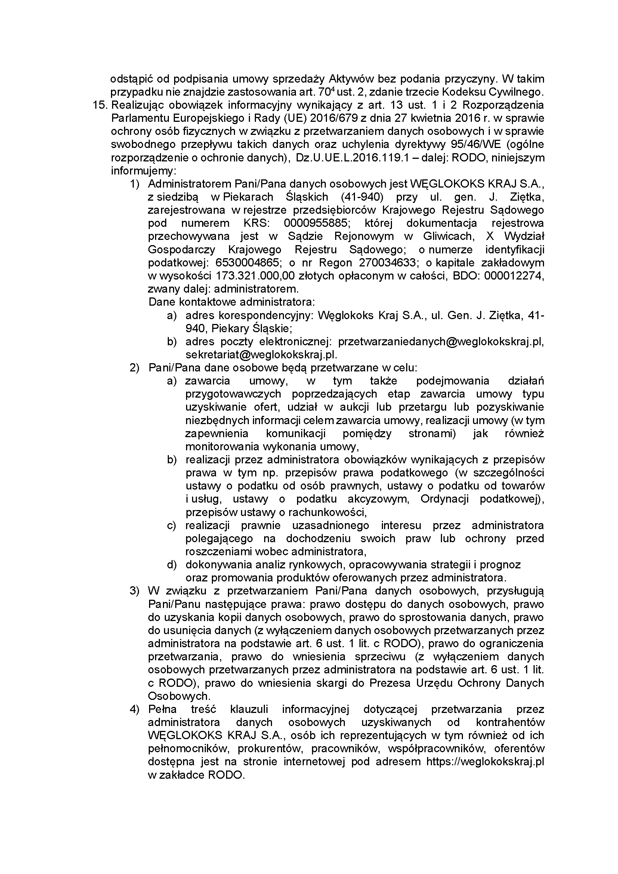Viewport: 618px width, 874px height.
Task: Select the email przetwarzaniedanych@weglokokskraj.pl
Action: (x=440, y=342)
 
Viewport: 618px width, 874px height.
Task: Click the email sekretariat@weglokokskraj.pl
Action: (x=261, y=354)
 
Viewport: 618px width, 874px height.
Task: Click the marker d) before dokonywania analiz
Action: (x=172, y=565)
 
